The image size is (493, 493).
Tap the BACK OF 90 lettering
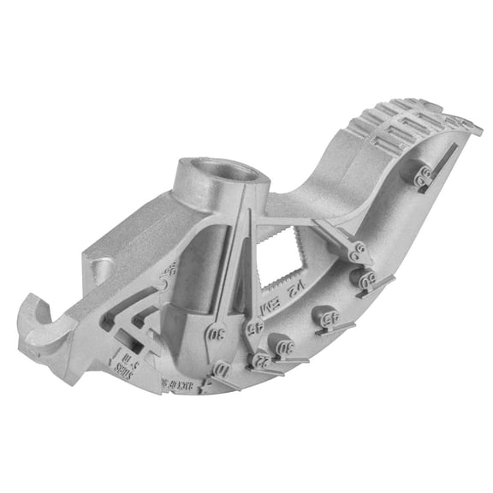tap(178, 383)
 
